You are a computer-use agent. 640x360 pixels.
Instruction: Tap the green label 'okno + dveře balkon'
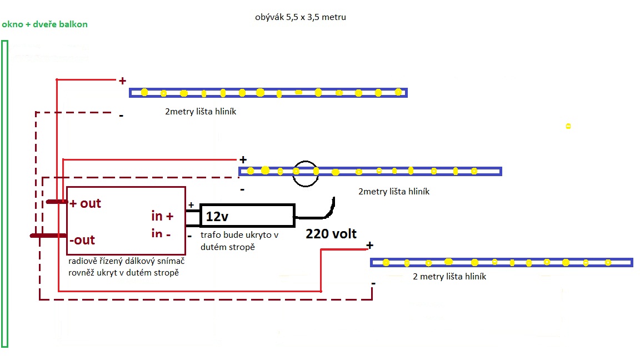tap(45, 24)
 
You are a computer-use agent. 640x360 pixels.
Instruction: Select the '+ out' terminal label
tap(86, 203)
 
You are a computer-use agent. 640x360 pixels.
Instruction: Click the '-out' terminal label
tap(82, 240)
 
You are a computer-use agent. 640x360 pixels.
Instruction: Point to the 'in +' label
tap(162, 216)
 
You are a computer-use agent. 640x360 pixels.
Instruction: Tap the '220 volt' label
tap(331, 234)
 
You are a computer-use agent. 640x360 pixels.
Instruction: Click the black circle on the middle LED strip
tap(305, 173)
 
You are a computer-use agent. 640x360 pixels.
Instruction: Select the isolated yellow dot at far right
tap(568, 126)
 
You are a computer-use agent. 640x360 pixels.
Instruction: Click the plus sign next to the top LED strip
tap(122, 81)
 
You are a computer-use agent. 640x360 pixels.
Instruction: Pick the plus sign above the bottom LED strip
tap(370, 246)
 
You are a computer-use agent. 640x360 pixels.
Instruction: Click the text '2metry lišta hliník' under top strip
tap(201, 112)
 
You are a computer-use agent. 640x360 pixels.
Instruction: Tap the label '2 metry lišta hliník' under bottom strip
tap(449, 276)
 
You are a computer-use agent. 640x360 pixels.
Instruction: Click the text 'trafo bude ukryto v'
tap(239, 235)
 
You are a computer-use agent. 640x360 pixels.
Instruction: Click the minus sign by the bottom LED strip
tap(373, 283)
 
